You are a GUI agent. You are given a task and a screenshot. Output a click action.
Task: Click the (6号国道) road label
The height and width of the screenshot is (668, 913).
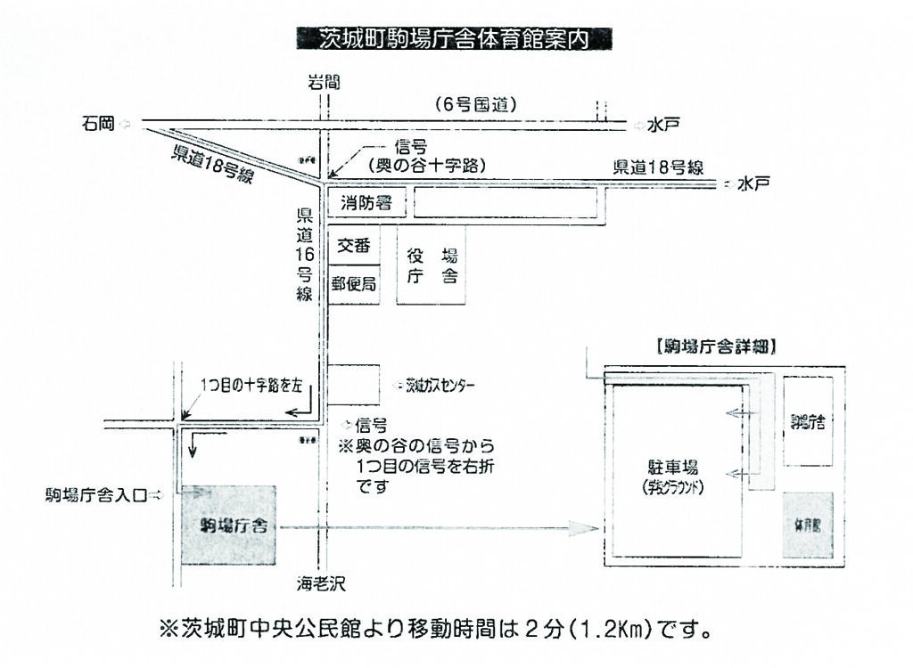coord(476,103)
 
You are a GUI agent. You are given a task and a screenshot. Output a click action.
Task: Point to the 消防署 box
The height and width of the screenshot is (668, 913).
coord(366,204)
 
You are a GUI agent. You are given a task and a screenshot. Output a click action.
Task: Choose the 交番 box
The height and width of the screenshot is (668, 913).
coord(353,247)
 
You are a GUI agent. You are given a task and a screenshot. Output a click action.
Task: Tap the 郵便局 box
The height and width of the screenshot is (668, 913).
coord(353,285)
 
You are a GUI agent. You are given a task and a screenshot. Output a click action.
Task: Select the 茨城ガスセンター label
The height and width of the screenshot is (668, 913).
coord(440,387)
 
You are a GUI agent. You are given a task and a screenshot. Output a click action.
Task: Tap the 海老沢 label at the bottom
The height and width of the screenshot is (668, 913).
coord(321,584)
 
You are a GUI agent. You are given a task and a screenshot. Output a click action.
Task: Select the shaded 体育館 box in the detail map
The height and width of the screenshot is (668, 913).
coord(809,525)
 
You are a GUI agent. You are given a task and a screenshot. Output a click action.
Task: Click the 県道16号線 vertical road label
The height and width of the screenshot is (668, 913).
coord(304,255)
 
